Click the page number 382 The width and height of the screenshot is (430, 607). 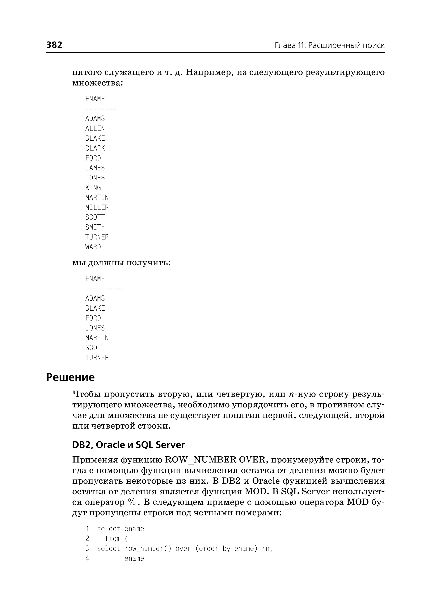[54, 45]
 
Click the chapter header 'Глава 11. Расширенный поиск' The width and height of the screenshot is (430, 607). [329, 46]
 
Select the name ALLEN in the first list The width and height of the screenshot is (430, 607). [95, 128]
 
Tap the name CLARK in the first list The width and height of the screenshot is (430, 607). [95, 148]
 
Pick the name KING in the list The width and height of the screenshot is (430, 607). [93, 188]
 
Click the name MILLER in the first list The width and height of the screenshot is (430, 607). [97, 208]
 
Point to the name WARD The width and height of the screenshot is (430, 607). [93, 247]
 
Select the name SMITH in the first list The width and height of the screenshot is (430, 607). [95, 227]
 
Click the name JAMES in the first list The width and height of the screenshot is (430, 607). [95, 168]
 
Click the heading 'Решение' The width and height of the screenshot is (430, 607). [70, 377]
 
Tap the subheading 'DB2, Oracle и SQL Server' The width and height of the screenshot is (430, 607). [128, 445]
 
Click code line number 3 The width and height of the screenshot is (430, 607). [87, 548]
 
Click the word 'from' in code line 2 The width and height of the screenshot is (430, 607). [113, 539]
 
